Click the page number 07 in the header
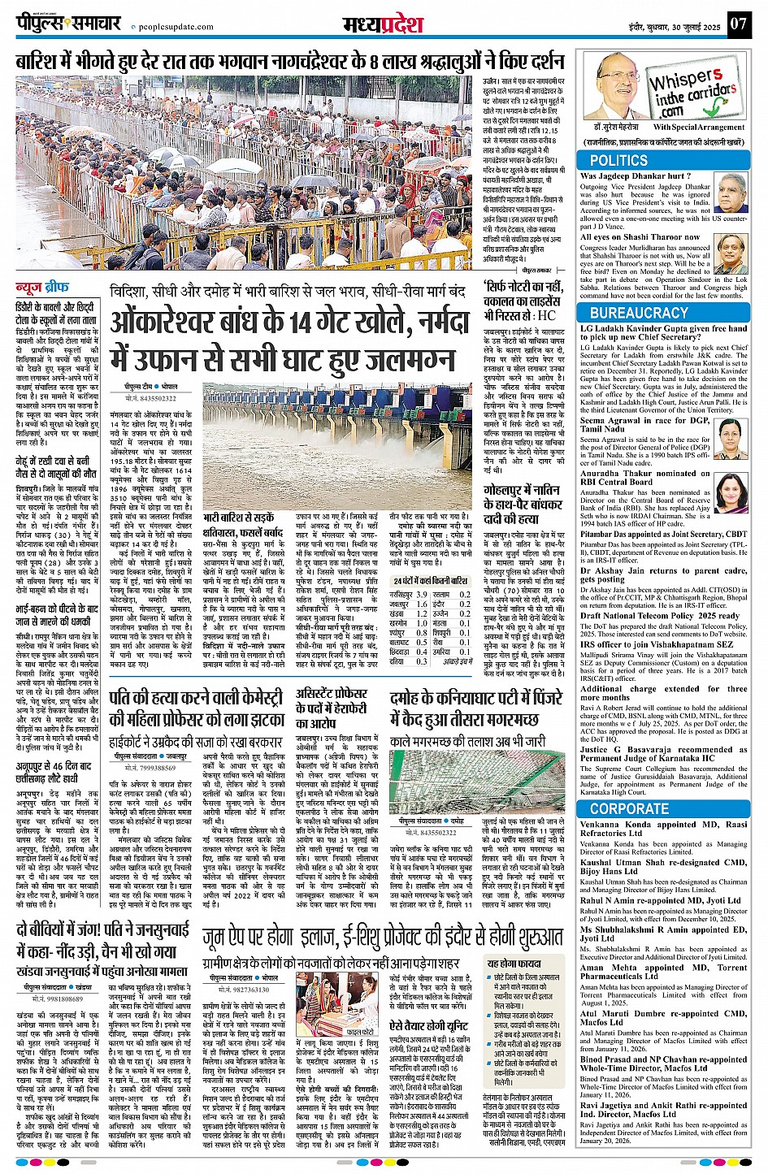(x=737, y=24)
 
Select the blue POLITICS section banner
(x=618, y=161)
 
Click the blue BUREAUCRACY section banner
(x=639, y=313)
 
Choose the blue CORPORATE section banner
(x=629, y=808)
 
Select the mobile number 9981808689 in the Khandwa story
(x=59, y=999)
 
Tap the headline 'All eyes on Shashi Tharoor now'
(x=640, y=238)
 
